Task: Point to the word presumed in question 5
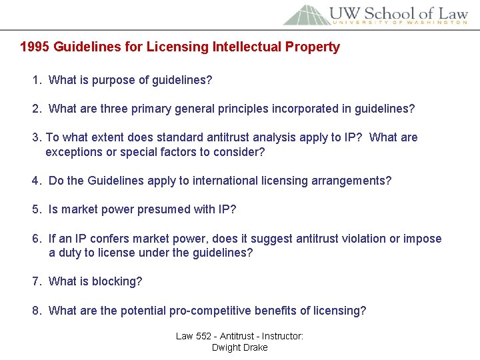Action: pos(164,210)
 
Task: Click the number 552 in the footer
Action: pos(204,336)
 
